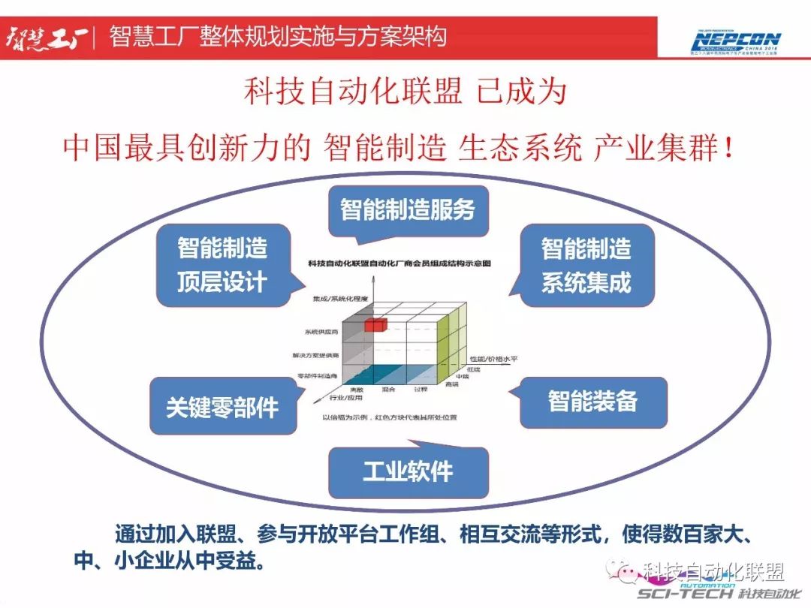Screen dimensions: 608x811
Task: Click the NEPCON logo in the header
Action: click(x=736, y=41)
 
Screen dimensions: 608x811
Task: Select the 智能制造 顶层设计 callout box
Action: click(x=222, y=264)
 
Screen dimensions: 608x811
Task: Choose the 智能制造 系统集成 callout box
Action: click(x=586, y=264)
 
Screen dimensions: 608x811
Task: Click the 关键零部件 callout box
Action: click(x=222, y=406)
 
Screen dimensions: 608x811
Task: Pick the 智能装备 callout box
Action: click(x=592, y=401)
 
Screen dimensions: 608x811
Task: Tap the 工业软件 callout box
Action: click(x=408, y=471)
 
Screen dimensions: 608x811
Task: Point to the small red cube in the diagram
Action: click(x=375, y=324)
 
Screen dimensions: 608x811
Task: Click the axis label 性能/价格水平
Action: click(x=492, y=359)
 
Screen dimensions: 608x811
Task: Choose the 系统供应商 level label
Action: click(x=321, y=331)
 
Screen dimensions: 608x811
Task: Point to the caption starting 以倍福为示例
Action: click(x=390, y=417)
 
